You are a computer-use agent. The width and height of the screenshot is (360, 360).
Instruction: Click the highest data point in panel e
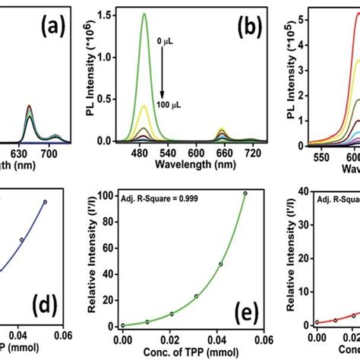[245, 215]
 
